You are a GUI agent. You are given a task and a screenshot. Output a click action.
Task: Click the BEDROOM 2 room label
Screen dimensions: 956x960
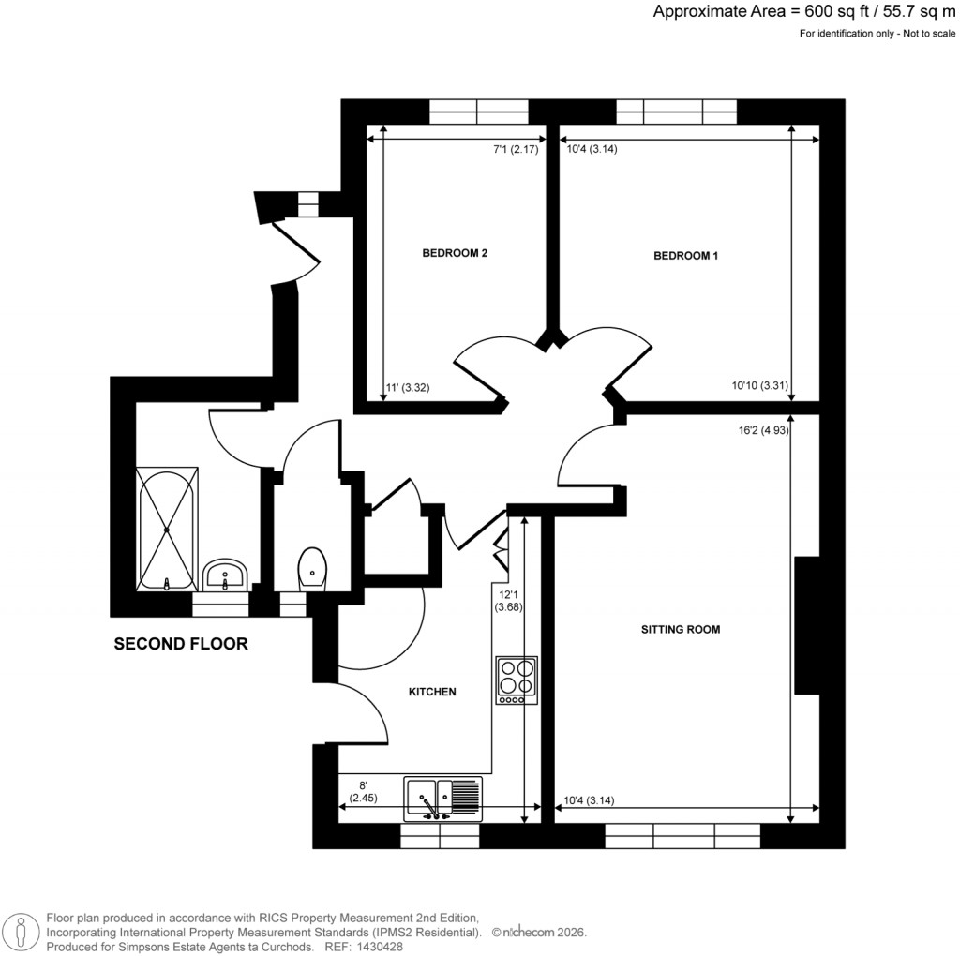pyautogui.click(x=455, y=253)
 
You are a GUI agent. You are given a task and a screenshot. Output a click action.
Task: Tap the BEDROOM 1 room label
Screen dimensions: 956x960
pyautogui.click(x=685, y=256)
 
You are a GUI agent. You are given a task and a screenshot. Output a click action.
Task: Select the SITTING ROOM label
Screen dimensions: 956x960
pyautogui.click(x=681, y=630)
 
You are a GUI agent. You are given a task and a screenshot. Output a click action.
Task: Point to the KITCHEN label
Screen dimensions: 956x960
pyautogui.click(x=431, y=692)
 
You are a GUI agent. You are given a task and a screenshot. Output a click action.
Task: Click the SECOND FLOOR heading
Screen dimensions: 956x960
pyautogui.click(x=181, y=644)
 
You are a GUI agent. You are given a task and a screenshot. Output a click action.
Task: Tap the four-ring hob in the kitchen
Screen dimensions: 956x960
pyautogui.click(x=516, y=680)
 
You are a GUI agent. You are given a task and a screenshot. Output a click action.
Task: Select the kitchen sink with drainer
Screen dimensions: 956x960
pyautogui.click(x=442, y=799)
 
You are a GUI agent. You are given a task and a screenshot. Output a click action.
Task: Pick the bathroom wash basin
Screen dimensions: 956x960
pyautogui.click(x=225, y=575)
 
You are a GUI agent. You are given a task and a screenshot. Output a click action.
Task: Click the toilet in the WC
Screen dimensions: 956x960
pyautogui.click(x=312, y=568)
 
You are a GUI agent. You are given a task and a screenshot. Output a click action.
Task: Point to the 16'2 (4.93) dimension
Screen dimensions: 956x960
pyautogui.click(x=762, y=431)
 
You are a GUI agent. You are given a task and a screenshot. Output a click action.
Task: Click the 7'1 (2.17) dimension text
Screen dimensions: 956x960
pyautogui.click(x=516, y=149)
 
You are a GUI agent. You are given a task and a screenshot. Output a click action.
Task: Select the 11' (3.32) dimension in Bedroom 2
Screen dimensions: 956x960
pyautogui.click(x=408, y=386)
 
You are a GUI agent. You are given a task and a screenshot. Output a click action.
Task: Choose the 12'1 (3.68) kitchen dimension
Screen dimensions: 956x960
pyautogui.click(x=508, y=600)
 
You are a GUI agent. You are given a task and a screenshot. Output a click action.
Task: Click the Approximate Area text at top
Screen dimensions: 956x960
pyautogui.click(x=804, y=12)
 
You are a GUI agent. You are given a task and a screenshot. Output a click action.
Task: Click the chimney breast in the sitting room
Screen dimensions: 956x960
pyautogui.click(x=807, y=624)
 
